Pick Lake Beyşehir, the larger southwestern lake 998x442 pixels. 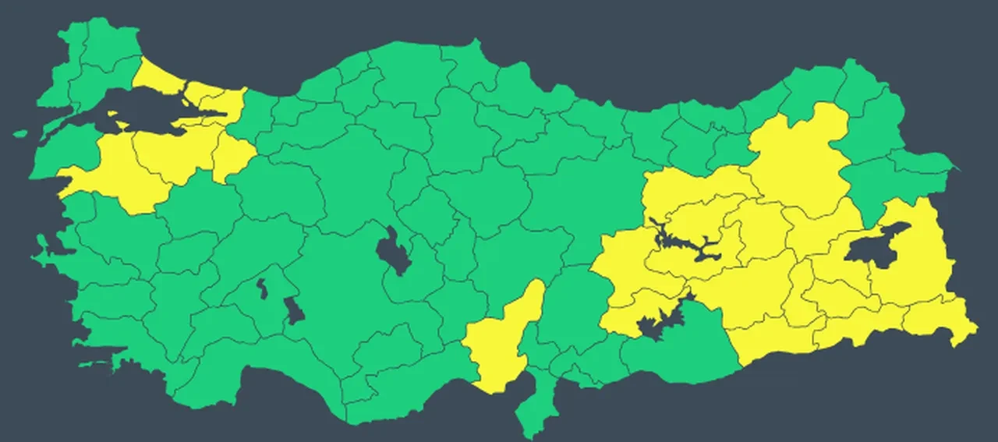pyautogui.click(x=295, y=310)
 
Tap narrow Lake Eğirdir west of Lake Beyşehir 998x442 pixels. pyautogui.click(x=263, y=288)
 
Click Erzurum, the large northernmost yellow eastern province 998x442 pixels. pyautogui.click(x=803, y=156)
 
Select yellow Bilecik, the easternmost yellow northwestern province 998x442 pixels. pyautogui.click(x=234, y=156)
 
